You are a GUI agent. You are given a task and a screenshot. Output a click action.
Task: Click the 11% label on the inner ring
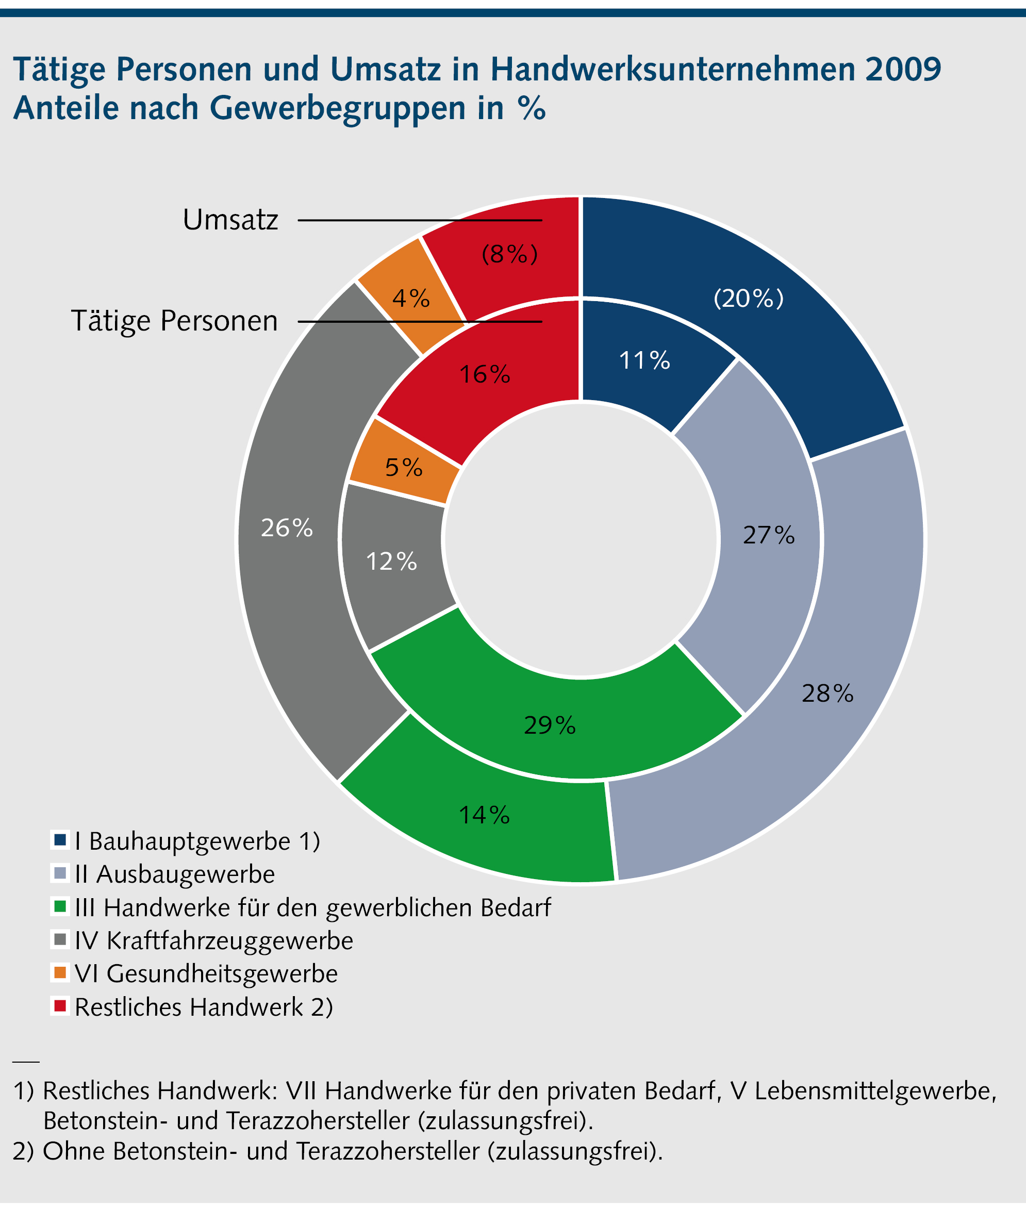[x=644, y=360]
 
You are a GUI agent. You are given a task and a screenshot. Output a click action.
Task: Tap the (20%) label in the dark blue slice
[x=749, y=299]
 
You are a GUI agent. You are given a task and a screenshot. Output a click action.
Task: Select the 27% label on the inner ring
[x=768, y=535]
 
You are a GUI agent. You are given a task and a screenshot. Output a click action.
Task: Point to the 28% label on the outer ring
[x=827, y=693]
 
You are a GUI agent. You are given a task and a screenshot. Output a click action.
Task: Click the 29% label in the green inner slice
[x=550, y=725]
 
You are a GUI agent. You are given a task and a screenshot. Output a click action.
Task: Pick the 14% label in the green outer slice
[x=484, y=815]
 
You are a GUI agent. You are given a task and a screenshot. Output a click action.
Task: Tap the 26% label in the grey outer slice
[x=287, y=528]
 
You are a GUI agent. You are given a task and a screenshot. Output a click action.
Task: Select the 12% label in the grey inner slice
[x=391, y=562]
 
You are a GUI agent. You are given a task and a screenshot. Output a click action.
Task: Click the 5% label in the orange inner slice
[x=404, y=468]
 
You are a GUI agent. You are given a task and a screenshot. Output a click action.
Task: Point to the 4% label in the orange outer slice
[x=410, y=299]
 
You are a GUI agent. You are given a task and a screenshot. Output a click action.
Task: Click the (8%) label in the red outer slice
[x=509, y=254]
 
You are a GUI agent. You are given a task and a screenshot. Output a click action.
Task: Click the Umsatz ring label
[x=230, y=220]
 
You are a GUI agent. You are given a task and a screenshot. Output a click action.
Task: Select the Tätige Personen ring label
[x=174, y=321]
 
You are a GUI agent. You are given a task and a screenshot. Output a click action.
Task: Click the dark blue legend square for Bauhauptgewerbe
[x=60, y=840]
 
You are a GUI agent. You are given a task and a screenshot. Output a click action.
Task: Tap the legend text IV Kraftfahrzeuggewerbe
[x=213, y=940]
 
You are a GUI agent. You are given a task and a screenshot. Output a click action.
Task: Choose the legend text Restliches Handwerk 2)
[x=204, y=1007]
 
